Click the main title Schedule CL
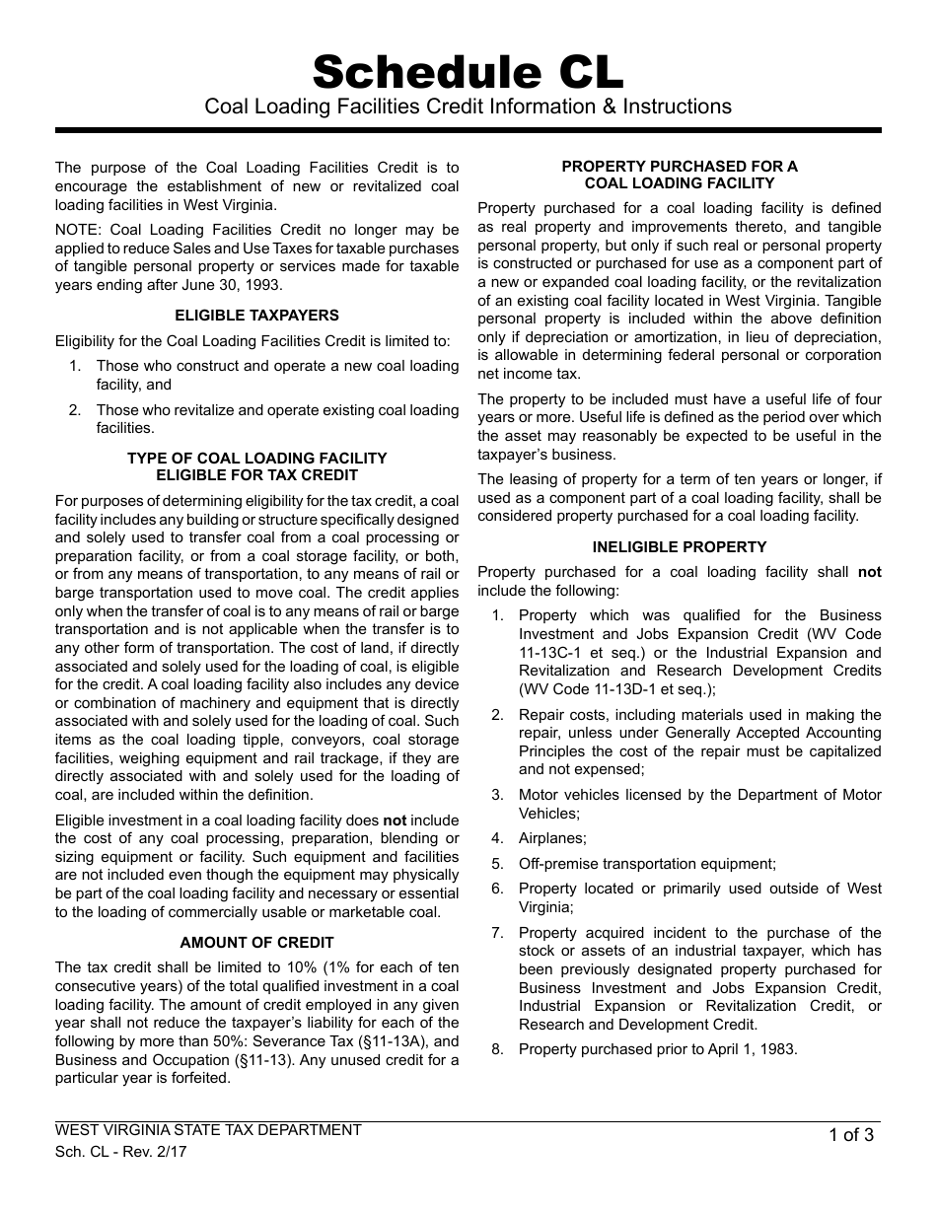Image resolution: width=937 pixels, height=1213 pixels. (468, 72)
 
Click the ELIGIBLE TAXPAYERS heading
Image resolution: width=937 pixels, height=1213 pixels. (256, 316)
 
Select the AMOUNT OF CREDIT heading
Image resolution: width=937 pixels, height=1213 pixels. (256, 943)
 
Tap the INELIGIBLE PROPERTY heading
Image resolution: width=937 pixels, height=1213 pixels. (680, 546)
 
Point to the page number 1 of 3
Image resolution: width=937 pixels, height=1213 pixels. (851, 1134)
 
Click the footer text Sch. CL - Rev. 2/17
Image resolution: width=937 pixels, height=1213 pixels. (120, 1151)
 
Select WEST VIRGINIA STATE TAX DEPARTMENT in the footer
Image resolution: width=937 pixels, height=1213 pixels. (208, 1130)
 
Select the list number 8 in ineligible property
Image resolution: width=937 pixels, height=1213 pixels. (497, 1049)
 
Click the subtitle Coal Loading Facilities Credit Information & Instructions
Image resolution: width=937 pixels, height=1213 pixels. (468, 107)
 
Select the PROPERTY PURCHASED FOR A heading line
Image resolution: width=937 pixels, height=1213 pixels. (680, 167)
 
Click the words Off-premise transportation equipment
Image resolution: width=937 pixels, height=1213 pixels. (647, 863)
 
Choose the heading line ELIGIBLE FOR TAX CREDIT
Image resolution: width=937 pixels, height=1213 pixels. (256, 476)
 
